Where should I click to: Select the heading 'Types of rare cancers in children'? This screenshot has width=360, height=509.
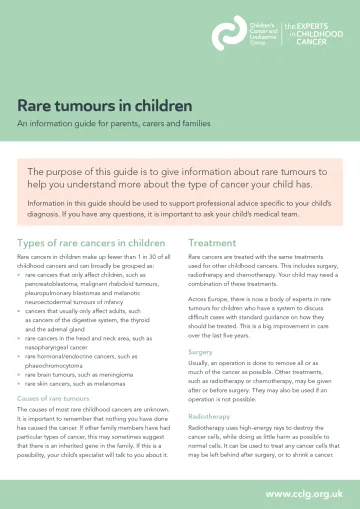[91, 242]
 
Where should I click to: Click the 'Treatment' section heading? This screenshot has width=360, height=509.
[212, 242]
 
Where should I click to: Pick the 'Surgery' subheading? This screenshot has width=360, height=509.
[200, 353]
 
